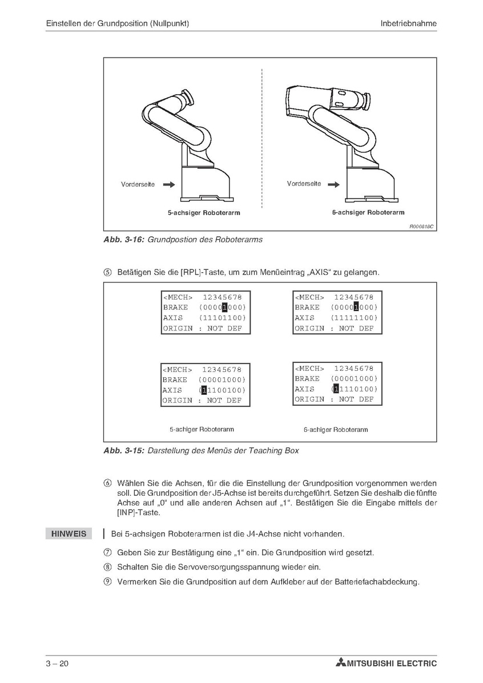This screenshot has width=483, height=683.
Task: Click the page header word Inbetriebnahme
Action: pyautogui.click(x=408, y=23)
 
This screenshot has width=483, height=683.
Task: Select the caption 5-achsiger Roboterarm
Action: pyautogui.click(x=203, y=213)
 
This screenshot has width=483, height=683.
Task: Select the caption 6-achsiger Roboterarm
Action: pyautogui.click(x=368, y=212)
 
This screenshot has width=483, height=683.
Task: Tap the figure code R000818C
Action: pyautogui.click(x=421, y=227)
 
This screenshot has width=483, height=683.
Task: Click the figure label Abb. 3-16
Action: pyautogui.click(x=124, y=240)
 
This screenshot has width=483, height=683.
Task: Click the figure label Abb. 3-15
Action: pyautogui.click(x=124, y=451)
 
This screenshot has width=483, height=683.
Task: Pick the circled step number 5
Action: pyautogui.click(x=107, y=272)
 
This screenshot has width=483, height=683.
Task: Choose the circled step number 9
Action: pyautogui.click(x=107, y=582)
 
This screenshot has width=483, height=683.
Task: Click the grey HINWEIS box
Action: pyautogui.click(x=69, y=534)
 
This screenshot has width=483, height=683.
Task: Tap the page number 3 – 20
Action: pyautogui.click(x=58, y=664)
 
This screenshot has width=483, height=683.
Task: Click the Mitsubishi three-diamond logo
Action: pyautogui.click(x=341, y=663)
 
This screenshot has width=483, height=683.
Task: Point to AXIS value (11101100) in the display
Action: pyautogui.click(x=222, y=318)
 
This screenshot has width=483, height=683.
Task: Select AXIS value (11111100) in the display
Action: pyautogui.click(x=354, y=318)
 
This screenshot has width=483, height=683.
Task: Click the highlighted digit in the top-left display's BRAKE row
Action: pyautogui.click(x=224, y=308)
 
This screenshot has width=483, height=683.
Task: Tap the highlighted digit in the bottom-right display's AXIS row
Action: pyautogui.click(x=336, y=389)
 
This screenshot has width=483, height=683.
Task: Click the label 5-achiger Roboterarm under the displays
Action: pyautogui.click(x=202, y=429)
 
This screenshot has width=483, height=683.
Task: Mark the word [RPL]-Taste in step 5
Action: pyautogui.click(x=199, y=272)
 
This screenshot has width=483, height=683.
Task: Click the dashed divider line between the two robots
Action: pyautogui.click(x=261, y=137)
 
